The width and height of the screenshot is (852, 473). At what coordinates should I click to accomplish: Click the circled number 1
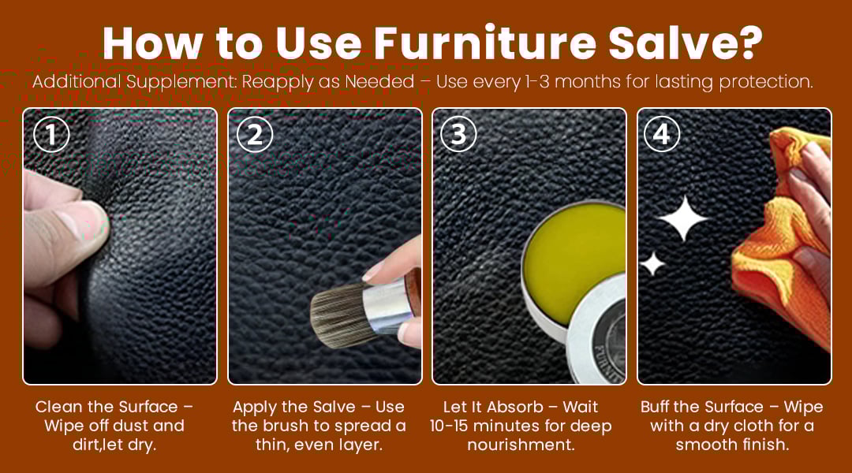(x=51, y=134)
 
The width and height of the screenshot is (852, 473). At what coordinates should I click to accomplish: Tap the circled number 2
(x=255, y=134)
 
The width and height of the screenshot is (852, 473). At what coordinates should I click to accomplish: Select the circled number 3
(x=458, y=134)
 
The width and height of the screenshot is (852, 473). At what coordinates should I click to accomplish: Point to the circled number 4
(x=662, y=134)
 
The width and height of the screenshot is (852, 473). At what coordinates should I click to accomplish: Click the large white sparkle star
(x=683, y=218)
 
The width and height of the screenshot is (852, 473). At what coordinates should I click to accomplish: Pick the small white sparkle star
(x=652, y=264)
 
